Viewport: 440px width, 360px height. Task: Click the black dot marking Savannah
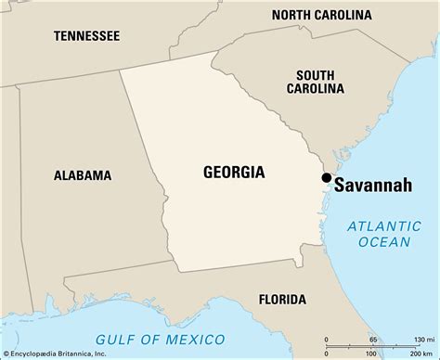(x=326, y=177)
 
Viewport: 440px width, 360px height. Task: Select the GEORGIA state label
(x=233, y=172)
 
